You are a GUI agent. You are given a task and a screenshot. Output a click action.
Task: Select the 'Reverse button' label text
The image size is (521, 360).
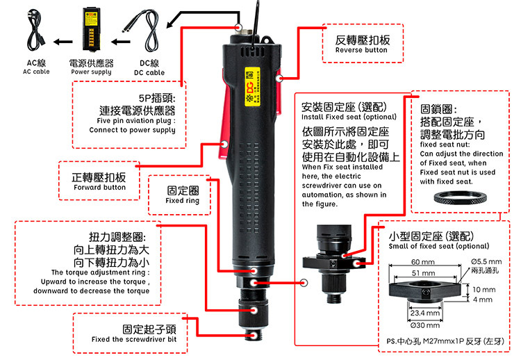pyautogui.click(x=361, y=51)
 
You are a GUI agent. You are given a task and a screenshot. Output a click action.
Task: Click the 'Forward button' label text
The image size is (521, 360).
pyautogui.click(x=99, y=188)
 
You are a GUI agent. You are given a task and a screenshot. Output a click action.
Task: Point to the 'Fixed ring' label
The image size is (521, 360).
pyautogui.click(x=182, y=201)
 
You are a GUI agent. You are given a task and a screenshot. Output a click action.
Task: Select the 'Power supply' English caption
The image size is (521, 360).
pyautogui.click(x=91, y=72)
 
